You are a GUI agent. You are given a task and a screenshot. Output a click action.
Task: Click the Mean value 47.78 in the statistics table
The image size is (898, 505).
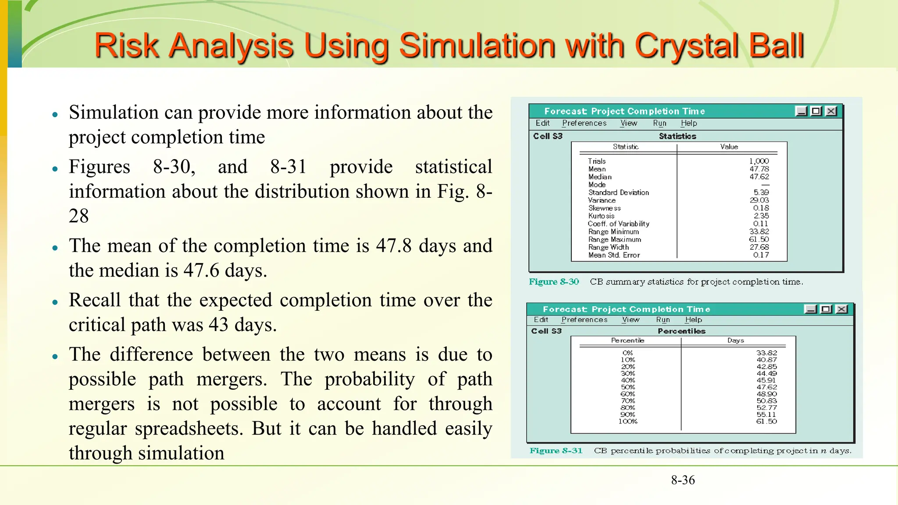[759, 169]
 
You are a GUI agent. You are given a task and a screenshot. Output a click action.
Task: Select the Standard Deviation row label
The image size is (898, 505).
[618, 192]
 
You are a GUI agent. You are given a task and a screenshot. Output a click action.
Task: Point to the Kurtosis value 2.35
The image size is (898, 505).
[761, 216]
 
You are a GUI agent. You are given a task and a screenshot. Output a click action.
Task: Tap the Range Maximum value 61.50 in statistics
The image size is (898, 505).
[759, 239]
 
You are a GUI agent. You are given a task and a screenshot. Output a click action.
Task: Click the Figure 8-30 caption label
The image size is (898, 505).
[554, 282]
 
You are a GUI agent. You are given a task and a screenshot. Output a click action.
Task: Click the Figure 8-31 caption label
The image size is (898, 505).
[556, 451]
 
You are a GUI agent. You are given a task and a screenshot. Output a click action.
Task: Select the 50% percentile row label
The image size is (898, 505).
[627, 387]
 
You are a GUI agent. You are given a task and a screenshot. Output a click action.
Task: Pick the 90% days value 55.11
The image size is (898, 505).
[766, 414]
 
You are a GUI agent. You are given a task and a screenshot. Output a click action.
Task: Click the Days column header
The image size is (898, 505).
[735, 340]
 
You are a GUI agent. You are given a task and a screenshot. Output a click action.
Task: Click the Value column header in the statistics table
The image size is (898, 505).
[729, 147]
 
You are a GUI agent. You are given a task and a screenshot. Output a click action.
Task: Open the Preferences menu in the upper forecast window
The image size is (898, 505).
[584, 123]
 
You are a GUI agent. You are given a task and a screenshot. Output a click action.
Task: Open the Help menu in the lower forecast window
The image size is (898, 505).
[693, 320]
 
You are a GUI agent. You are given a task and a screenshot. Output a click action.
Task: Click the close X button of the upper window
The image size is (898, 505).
[831, 111]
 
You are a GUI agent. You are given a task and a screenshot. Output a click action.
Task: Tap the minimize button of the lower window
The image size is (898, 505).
[811, 309]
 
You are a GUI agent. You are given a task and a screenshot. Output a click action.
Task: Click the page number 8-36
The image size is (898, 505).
[683, 480]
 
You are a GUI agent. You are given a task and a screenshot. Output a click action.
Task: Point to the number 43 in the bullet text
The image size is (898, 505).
[218, 325]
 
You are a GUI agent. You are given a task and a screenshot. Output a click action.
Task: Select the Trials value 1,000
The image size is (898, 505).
[759, 161]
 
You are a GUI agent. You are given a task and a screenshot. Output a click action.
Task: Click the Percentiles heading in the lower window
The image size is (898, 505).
[681, 331]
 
